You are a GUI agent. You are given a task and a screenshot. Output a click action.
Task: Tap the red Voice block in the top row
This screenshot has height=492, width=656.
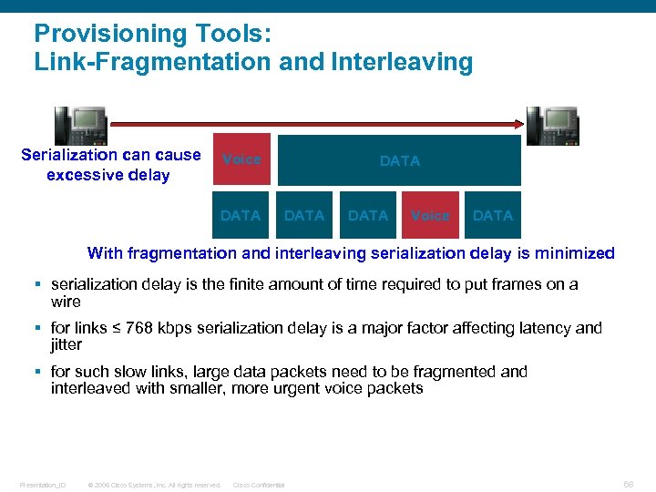pos(241,160)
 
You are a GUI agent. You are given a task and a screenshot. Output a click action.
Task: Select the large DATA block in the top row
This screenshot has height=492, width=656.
pos(399,160)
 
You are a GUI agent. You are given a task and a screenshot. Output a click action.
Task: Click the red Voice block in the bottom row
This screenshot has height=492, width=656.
pos(430,216)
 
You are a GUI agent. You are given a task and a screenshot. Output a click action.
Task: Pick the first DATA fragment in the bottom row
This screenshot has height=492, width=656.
pos(241,216)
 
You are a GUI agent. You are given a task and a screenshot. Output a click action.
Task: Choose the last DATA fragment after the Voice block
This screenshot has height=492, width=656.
pos(493,216)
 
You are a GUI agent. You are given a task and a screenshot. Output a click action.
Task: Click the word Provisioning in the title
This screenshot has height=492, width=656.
pos(100,35)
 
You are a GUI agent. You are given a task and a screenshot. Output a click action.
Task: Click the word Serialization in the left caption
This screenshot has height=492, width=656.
pos(71,155)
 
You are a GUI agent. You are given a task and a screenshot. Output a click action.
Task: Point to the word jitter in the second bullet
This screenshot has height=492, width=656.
pos(66,345)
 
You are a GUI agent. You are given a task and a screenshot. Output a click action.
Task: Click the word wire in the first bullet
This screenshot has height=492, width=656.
pos(66,302)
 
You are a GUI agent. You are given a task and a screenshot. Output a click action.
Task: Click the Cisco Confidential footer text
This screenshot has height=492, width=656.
pos(260,485)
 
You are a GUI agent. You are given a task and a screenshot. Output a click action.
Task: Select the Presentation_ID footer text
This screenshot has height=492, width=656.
pos(43,485)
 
